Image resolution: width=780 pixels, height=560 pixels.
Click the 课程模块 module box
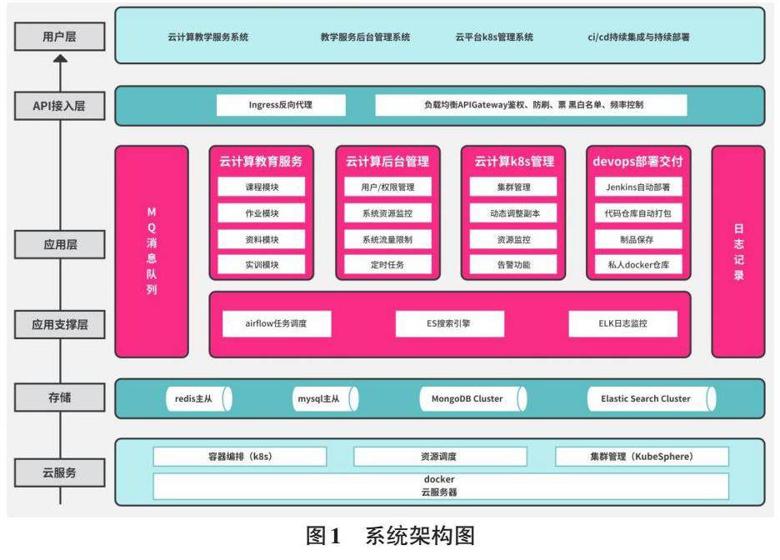click(x=262, y=187)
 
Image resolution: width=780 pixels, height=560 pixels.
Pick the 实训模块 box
click(x=262, y=265)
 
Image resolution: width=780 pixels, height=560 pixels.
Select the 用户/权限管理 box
click(x=388, y=187)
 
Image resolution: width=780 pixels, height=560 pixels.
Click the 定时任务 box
click(x=388, y=265)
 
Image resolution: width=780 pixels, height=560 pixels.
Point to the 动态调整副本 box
click(x=514, y=213)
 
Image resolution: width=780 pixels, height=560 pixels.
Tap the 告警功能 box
click(x=514, y=265)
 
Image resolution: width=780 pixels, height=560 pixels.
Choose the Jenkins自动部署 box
click(x=638, y=187)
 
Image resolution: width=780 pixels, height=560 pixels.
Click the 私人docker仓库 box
click(x=638, y=265)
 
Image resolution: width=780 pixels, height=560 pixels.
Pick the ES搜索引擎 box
click(x=449, y=323)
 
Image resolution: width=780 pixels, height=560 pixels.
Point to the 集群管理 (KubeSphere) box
click(x=641, y=457)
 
